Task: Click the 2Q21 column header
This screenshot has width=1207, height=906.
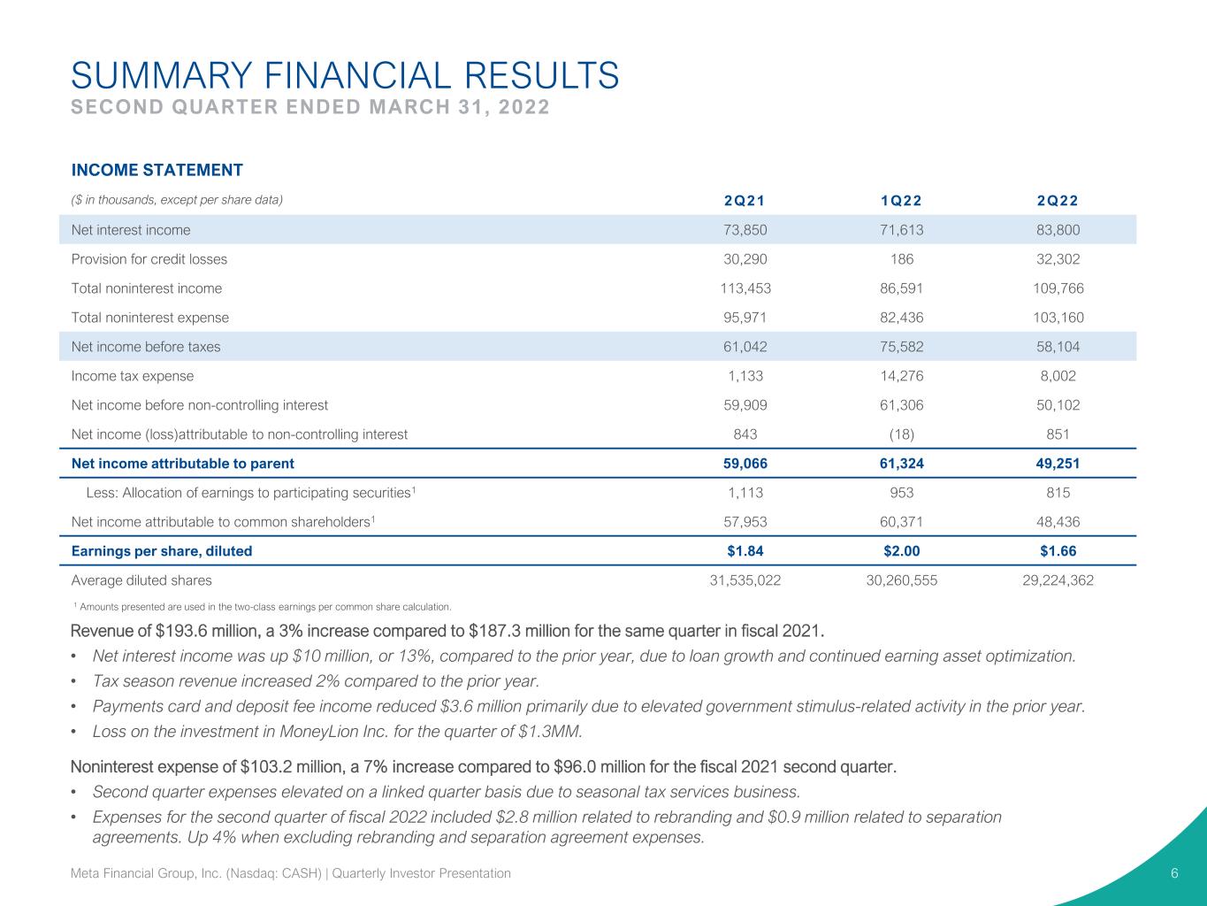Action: click(745, 201)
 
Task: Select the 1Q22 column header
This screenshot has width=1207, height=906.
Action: click(901, 201)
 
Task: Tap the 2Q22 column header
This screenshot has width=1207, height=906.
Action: click(1058, 201)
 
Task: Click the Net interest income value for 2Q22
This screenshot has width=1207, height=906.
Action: click(1058, 230)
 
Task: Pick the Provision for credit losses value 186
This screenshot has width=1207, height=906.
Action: click(902, 259)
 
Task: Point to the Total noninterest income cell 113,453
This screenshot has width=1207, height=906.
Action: click(745, 288)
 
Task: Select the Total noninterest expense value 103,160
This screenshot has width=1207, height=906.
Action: click(1058, 318)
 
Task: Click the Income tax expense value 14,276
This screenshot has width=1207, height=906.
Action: click(902, 376)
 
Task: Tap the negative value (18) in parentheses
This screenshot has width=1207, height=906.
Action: click(902, 434)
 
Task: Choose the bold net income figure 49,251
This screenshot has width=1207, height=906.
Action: click(1058, 464)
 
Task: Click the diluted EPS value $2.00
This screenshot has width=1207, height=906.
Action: click(902, 550)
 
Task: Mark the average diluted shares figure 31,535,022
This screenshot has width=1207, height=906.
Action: click(745, 580)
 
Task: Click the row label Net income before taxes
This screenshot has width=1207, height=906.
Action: click(146, 347)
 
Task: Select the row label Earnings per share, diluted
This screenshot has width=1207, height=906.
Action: click(162, 550)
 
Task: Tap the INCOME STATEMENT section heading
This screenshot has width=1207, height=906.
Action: click(157, 170)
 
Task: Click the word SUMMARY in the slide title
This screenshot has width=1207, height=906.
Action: click(162, 75)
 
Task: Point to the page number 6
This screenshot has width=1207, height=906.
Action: click(1174, 873)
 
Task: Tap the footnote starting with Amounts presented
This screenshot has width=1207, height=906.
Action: click(263, 607)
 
